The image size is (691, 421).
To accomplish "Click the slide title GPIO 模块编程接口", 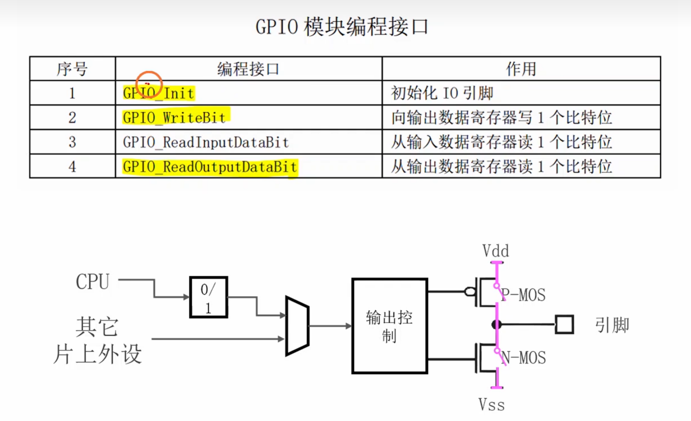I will click(342, 27).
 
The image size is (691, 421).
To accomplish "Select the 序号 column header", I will click(72, 69).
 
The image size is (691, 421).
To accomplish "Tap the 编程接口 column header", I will click(248, 69).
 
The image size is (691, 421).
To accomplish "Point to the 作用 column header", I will click(521, 69).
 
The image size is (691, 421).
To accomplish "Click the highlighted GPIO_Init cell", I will click(159, 93).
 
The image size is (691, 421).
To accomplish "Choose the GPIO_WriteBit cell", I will click(174, 118).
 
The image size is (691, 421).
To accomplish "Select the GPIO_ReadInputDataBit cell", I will click(206, 142).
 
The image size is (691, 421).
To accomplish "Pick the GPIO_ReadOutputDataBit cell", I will click(210, 167).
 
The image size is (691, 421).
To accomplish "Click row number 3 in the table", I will click(72, 142).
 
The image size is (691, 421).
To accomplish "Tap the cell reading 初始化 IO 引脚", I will click(442, 93).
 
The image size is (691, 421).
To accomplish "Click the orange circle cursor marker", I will click(149, 84).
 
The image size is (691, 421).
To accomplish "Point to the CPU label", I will click(92, 282).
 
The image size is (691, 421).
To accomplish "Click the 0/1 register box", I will click(208, 297).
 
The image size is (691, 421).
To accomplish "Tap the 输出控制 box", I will click(389, 326).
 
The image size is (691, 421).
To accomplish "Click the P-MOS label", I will click(524, 295).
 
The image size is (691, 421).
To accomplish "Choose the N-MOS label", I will click(524, 358).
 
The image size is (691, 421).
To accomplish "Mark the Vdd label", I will click(495, 251).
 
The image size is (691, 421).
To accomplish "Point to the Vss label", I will click(491, 405).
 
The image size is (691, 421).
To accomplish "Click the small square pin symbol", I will click(564, 324).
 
